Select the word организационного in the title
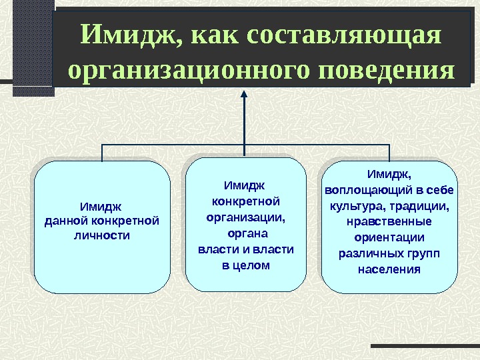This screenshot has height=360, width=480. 185,69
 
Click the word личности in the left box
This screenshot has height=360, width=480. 102,236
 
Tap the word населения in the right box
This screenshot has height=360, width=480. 390,269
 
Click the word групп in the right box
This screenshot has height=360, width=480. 425,253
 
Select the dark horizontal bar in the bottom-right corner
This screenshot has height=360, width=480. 425,346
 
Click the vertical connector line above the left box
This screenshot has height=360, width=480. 102,153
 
